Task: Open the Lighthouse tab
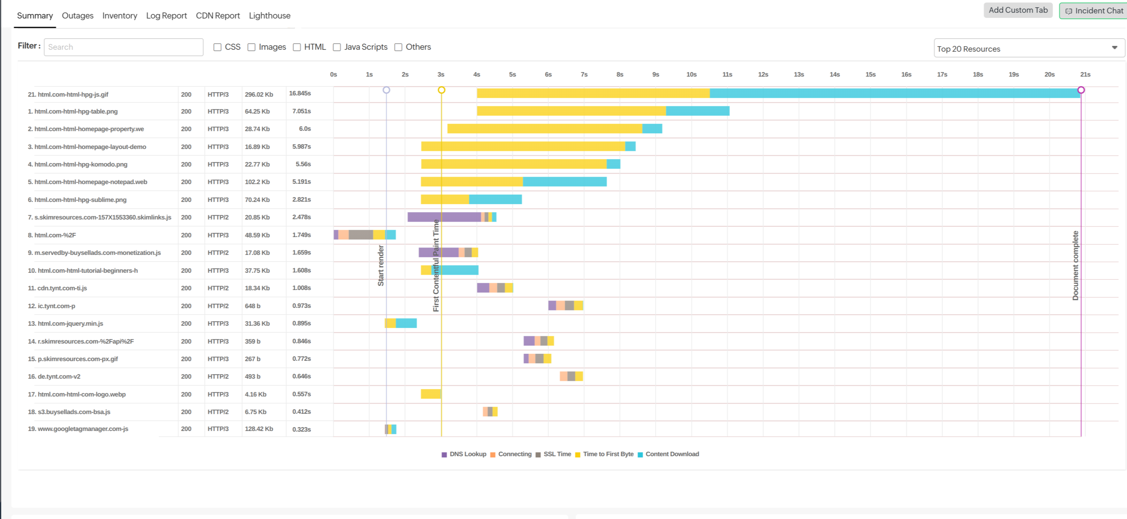click(269, 16)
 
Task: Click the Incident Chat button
click(1094, 11)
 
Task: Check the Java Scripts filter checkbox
click(337, 47)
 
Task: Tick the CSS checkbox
click(217, 47)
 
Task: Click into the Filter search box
click(123, 47)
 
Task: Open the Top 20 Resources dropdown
click(1028, 48)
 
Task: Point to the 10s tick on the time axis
click(691, 74)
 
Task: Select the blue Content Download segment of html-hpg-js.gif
click(892, 93)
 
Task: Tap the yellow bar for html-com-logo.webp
click(430, 394)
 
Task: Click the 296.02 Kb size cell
click(259, 94)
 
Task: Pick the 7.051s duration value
click(301, 111)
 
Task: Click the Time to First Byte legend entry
click(607, 454)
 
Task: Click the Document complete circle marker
click(1081, 90)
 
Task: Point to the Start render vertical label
click(381, 265)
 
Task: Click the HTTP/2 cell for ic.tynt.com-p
click(218, 306)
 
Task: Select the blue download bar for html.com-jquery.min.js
click(406, 323)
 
